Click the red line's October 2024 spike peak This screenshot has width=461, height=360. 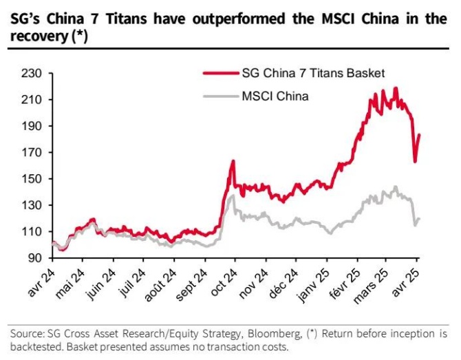pos(233,161)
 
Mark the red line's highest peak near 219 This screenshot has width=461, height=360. pos(396,88)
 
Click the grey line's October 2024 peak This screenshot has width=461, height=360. pos(233,195)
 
